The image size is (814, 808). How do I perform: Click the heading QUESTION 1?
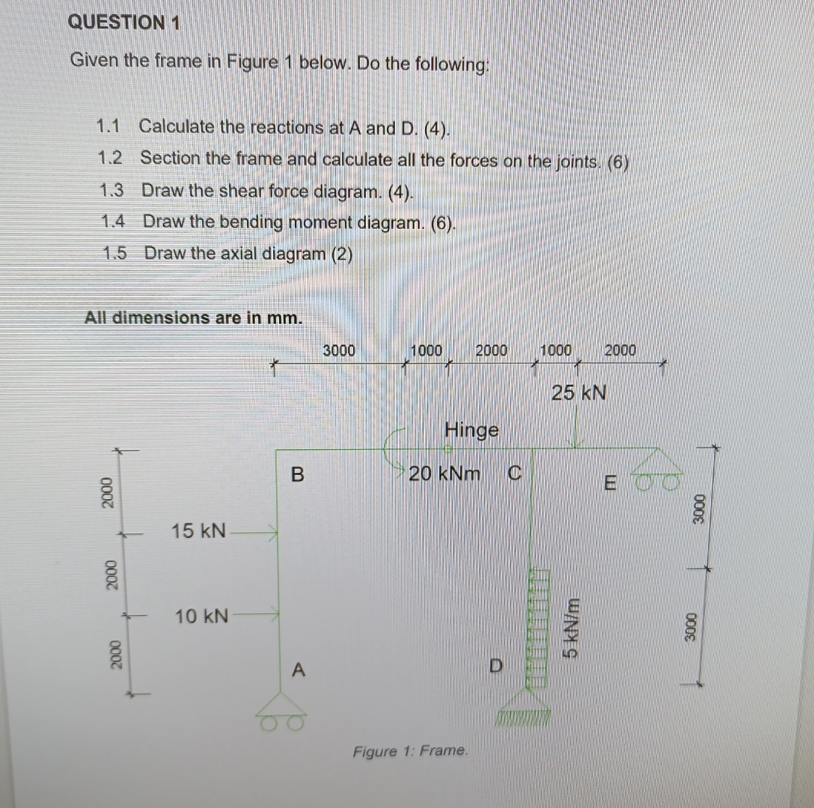click(123, 22)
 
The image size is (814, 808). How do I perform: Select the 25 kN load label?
click(578, 392)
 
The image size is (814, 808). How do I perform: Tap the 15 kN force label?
click(198, 531)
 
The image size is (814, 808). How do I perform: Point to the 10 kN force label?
click(201, 617)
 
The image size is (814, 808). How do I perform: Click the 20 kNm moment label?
click(445, 473)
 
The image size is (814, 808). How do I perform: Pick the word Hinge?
click(471, 430)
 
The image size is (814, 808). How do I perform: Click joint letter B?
click(298, 474)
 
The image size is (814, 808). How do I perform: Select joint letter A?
click(298, 670)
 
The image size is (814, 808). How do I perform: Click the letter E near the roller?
click(610, 484)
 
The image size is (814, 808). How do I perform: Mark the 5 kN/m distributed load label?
click(571, 625)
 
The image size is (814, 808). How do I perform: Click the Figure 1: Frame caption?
click(411, 750)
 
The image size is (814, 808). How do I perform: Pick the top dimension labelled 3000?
click(339, 350)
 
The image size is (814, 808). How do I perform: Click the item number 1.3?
click(111, 190)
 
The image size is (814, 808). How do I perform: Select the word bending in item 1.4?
click(251, 222)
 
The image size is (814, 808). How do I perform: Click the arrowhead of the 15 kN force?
click(273, 533)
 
